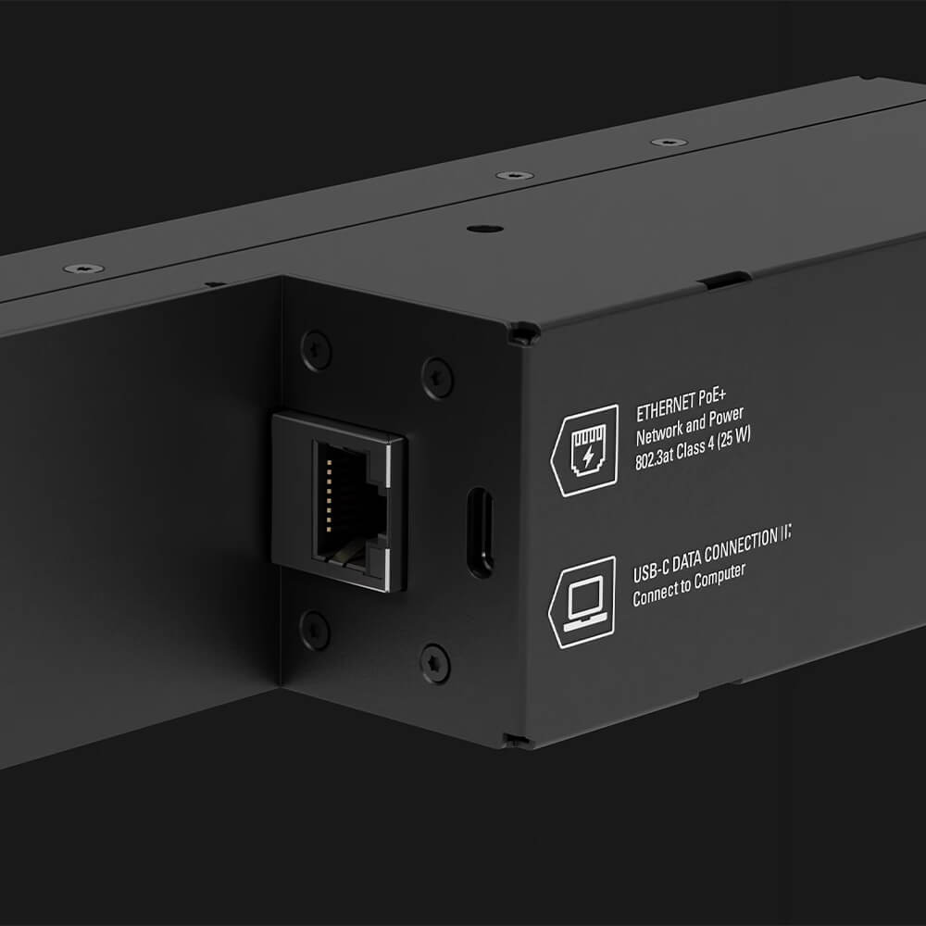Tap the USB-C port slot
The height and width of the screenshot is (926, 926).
pos(480,532)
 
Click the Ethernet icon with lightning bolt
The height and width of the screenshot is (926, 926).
pos(585,451)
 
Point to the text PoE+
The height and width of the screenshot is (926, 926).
pos(712,397)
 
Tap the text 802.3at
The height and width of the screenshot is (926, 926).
pos(655,458)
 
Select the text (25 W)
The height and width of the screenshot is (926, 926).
pos(734,439)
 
